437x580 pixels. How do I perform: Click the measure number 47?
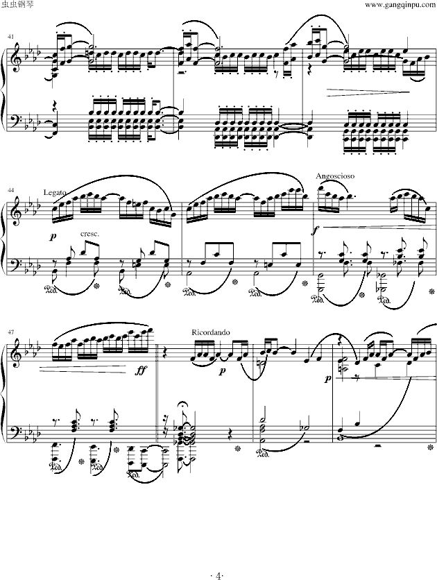tap(10, 324)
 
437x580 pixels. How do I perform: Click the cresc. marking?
tap(90, 234)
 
